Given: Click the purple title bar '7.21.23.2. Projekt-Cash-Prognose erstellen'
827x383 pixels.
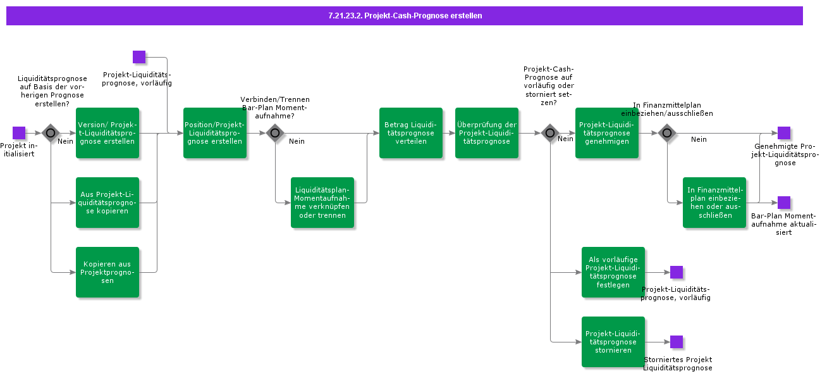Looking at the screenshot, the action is (405, 16).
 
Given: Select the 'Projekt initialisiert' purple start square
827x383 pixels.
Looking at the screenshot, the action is (19, 133).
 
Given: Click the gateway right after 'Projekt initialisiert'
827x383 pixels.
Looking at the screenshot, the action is (51, 133).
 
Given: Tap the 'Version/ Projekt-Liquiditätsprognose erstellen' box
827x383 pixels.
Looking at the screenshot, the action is (107, 133).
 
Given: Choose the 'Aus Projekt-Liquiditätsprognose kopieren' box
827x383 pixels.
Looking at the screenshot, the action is (107, 203).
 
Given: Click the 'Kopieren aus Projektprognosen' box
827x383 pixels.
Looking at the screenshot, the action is (107, 272).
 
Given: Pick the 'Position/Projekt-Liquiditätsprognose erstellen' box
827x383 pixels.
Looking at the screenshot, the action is (215, 133).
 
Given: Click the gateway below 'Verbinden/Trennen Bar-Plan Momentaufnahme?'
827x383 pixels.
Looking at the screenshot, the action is (275, 133).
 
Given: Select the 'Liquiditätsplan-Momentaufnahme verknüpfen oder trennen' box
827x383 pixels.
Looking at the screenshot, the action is (322, 203).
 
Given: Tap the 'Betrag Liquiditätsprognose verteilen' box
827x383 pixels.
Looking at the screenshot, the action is (411, 133).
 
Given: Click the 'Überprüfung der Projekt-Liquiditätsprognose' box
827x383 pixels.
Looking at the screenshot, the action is (487, 133).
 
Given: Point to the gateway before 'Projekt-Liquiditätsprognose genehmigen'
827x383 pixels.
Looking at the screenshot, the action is (550, 133).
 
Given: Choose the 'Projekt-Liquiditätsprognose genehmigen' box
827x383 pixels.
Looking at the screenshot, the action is (607, 133).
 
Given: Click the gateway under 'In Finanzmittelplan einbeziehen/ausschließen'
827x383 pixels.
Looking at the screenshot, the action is (667, 133).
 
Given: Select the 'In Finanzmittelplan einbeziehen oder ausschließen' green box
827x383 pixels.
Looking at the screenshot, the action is (714, 203).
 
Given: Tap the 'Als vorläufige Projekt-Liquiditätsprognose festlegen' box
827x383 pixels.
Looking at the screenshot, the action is (613, 272).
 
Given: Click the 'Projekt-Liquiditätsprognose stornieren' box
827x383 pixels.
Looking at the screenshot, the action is (613, 342).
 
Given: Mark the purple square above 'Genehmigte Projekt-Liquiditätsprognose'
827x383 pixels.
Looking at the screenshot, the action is (784, 133).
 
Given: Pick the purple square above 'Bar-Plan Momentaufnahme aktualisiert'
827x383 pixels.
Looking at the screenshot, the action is (784, 203).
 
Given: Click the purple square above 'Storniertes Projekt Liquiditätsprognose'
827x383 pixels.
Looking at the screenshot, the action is (677, 342).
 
